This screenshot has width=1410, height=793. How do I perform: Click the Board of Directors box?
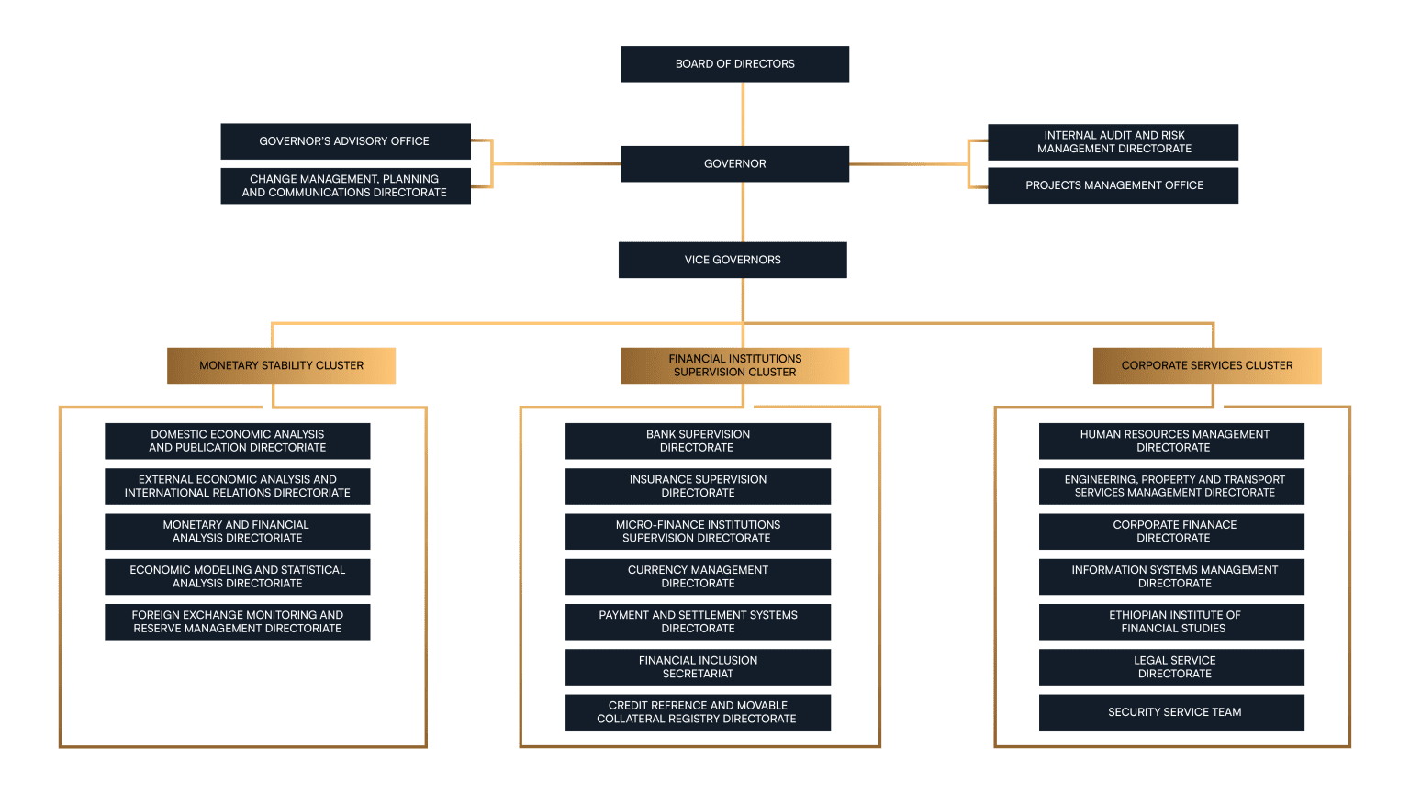click(734, 63)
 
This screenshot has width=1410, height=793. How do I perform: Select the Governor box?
click(734, 163)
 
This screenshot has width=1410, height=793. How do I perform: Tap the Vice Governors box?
click(733, 260)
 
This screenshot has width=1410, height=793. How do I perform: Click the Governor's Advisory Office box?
click(345, 141)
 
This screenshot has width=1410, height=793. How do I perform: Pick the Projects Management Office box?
click(1113, 185)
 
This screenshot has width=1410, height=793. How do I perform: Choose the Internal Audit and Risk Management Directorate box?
click(1113, 141)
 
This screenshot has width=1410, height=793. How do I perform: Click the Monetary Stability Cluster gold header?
click(282, 365)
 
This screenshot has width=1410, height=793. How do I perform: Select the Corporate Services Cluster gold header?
click(1207, 365)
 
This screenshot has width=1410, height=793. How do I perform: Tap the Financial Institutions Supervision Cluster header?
click(734, 365)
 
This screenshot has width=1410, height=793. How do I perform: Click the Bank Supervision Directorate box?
click(698, 441)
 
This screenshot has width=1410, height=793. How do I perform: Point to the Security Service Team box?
click(1171, 712)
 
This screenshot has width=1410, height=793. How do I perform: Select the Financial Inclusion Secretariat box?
click(698, 666)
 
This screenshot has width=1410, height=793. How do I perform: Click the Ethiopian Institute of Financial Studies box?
click(1171, 621)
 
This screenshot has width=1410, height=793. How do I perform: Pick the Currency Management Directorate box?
click(698, 575)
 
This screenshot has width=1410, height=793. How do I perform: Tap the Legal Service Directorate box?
click(1171, 666)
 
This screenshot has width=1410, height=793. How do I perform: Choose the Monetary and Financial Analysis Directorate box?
click(238, 531)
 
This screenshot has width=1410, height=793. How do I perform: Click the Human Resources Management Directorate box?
click(1171, 441)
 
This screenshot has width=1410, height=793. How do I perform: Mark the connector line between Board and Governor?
click(743, 114)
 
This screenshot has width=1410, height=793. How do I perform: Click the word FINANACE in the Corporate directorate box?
click(1204, 524)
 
